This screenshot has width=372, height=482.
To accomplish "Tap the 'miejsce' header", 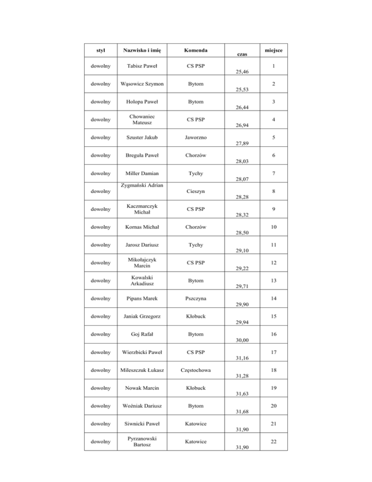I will (274, 50).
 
